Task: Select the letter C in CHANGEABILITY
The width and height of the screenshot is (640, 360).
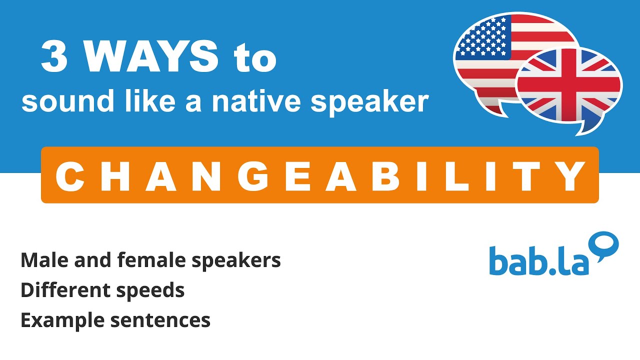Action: [71, 175]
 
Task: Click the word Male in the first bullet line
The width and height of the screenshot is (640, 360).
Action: [41, 260]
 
